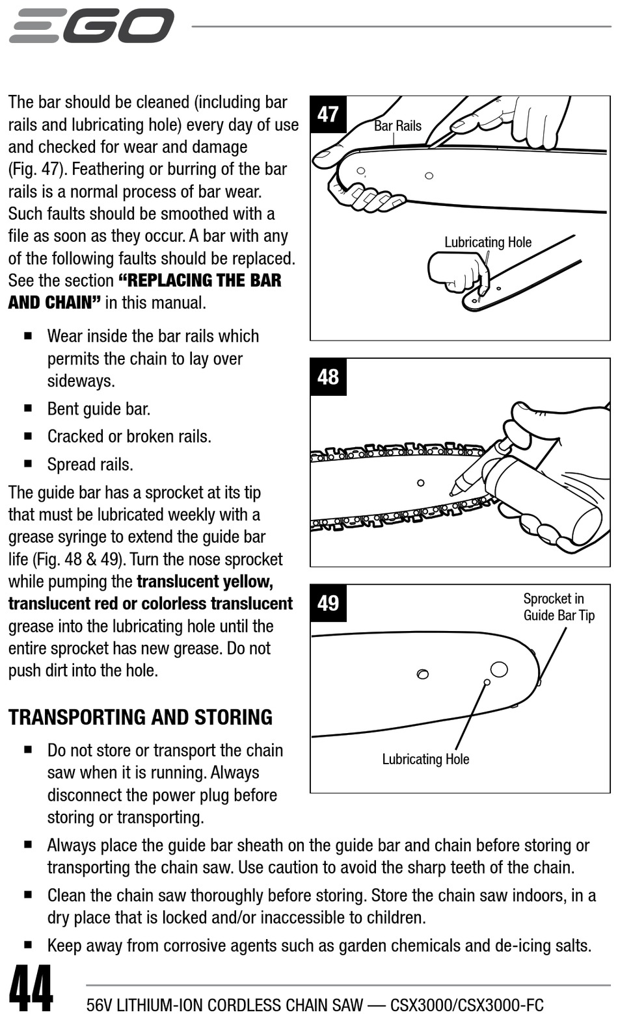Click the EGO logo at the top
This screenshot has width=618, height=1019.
(91, 26)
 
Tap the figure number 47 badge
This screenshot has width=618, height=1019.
(328, 114)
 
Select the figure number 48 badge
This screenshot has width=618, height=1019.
(328, 377)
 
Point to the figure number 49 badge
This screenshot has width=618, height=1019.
(328, 603)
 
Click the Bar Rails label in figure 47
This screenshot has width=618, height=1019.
(397, 126)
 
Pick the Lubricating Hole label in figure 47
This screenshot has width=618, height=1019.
(487, 242)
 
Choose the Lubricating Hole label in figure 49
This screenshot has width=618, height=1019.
(425, 759)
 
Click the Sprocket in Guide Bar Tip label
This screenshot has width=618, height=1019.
(559, 607)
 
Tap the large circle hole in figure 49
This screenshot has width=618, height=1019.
(499, 669)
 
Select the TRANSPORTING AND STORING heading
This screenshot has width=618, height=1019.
(141, 717)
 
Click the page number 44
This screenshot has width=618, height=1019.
(31, 988)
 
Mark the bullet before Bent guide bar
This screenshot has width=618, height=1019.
(28, 409)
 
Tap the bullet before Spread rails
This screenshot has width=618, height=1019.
(28, 464)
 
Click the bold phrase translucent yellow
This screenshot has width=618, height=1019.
(204, 582)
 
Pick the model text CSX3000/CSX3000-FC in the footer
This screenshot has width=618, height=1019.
(466, 1005)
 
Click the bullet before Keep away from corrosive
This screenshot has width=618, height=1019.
(28, 945)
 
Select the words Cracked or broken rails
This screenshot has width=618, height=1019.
(129, 437)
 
